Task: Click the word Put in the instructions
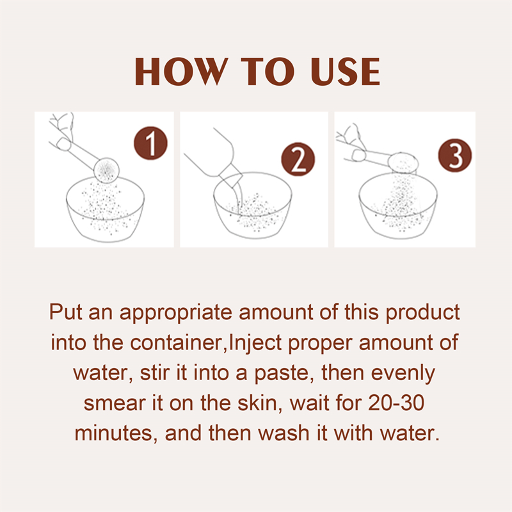click(x=66, y=313)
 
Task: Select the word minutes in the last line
click(x=115, y=433)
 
